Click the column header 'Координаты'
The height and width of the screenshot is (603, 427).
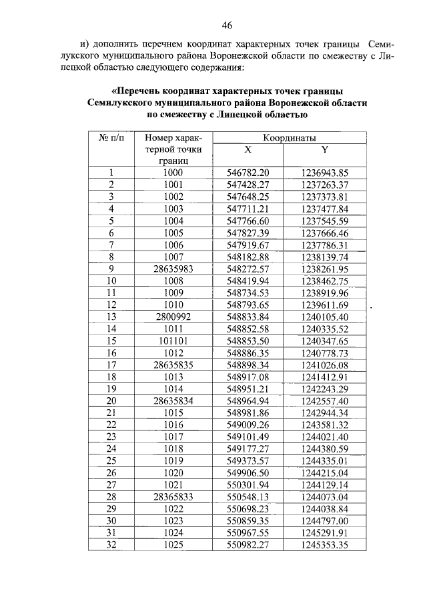coord(288,137)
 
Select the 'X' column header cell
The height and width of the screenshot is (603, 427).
coord(247,149)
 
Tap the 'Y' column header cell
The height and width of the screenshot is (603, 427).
coord(324,149)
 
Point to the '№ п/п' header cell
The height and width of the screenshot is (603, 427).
coord(111,137)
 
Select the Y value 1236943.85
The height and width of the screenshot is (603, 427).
coord(325,173)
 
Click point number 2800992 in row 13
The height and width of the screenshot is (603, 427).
coord(173,316)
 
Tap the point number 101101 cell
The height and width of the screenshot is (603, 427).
coord(173,340)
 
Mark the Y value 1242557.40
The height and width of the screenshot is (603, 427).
coord(325,400)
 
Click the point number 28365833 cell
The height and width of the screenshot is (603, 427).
coord(173,496)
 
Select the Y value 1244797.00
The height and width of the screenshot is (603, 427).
coord(325,520)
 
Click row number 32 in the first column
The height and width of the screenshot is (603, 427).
coord(111,544)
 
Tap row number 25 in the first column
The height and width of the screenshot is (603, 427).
coord(111,460)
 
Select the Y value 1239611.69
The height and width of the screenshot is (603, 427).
coord(325,304)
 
